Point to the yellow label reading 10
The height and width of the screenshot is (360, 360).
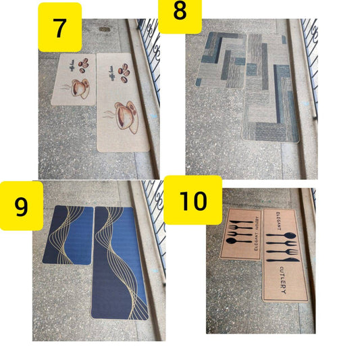click(x=192, y=201)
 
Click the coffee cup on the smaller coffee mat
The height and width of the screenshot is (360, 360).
click(x=77, y=89)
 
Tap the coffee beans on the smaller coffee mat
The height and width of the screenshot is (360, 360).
click(x=83, y=65)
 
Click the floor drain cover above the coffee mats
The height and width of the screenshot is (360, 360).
click(x=105, y=29)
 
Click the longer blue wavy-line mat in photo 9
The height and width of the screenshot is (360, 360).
click(x=121, y=263)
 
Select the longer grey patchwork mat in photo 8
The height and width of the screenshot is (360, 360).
click(x=269, y=88)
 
